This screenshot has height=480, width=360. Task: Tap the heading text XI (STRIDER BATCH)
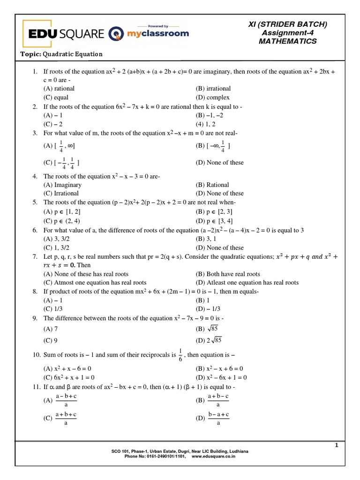click(287, 24)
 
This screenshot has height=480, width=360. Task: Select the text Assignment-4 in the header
click(287, 33)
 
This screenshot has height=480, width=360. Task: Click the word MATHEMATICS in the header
click(287, 41)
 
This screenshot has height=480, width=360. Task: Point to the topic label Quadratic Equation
click(72, 54)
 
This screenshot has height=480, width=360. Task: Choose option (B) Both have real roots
click(227, 274)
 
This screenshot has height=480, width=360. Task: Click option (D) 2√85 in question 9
click(210, 340)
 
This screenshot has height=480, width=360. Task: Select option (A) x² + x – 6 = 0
click(67, 369)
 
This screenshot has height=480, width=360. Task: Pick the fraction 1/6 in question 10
click(180, 355)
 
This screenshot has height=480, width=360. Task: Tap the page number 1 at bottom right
click(336, 446)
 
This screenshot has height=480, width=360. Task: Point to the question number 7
click(35, 257)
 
